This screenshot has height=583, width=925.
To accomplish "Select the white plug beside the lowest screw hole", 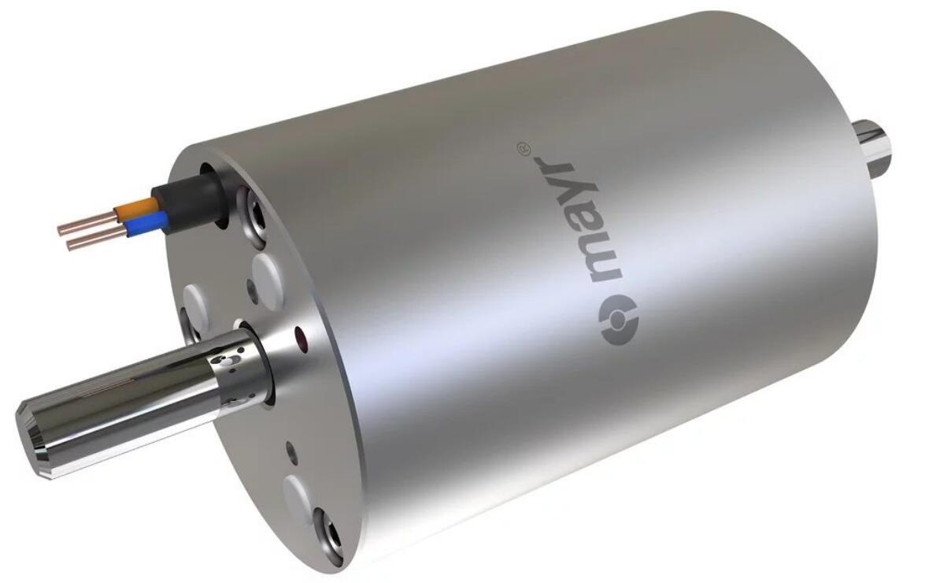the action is pyautogui.click(x=300, y=496).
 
